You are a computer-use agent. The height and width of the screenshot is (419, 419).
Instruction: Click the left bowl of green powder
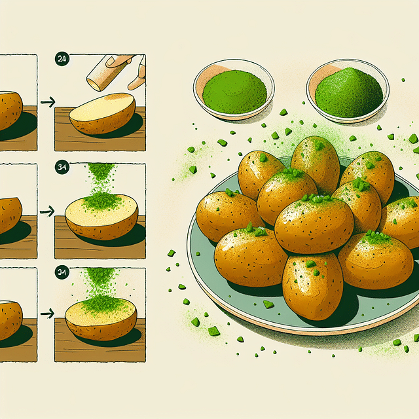point(234,90)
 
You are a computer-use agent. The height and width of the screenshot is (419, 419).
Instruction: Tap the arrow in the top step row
point(47,102)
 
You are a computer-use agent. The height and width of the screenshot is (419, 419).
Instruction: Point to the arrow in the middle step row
point(47,211)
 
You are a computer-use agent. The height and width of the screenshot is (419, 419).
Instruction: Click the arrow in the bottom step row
point(47,315)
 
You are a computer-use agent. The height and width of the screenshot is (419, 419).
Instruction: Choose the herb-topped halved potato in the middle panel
point(101,216)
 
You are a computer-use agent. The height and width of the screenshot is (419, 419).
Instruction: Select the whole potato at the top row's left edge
point(9,110)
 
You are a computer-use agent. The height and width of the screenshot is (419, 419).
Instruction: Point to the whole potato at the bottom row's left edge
point(9,319)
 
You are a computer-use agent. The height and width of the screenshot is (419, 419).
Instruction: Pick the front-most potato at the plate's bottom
point(312,285)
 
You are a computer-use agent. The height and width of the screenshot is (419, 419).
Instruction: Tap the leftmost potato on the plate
point(227,216)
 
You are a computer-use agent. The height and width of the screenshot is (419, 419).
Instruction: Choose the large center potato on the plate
point(314,225)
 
